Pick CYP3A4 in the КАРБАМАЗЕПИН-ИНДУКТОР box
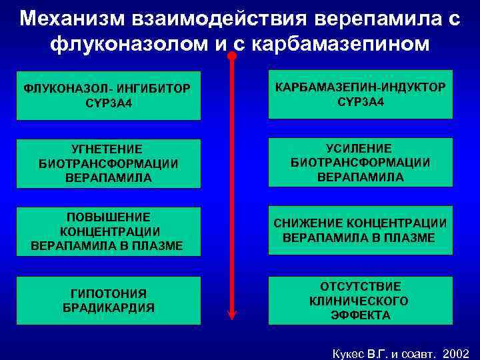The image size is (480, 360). tap(359, 102)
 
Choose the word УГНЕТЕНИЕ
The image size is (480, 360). tap(109, 150)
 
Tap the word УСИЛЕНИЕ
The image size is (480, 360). tap(359, 148)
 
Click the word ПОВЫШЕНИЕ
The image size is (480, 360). tap(109, 217)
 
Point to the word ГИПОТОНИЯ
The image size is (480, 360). tap(109, 293)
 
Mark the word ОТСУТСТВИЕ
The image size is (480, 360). tap(359, 286)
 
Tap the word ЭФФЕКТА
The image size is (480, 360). tap(359, 315)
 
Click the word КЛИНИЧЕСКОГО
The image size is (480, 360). tap(359, 301)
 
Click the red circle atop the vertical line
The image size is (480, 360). tap(231, 56)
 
